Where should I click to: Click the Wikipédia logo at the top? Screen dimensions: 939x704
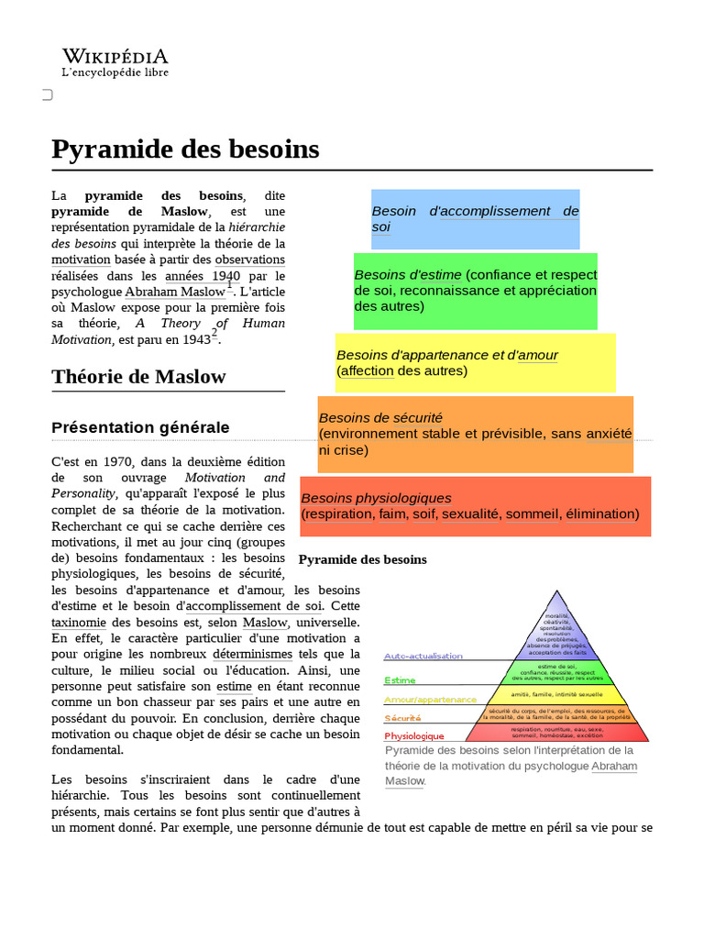(x=115, y=62)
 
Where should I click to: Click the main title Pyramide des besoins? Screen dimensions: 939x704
(x=185, y=149)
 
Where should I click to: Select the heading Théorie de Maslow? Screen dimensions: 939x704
(x=138, y=377)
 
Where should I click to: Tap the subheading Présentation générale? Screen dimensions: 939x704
(x=140, y=427)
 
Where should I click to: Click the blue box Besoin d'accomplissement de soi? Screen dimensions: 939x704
(x=475, y=219)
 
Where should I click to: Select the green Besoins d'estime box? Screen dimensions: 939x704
(x=475, y=291)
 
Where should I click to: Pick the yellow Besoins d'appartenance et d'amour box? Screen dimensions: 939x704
(x=475, y=362)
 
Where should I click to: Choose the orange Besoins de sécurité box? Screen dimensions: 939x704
(x=475, y=434)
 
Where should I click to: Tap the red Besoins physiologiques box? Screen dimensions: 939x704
(x=475, y=506)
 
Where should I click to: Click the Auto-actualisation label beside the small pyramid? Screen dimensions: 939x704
(x=423, y=657)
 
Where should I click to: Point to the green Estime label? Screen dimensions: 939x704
(x=400, y=680)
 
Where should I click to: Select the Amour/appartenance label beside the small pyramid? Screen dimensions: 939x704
(x=430, y=699)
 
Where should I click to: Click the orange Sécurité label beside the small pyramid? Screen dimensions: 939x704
(x=403, y=718)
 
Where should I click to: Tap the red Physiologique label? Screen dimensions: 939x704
(x=413, y=736)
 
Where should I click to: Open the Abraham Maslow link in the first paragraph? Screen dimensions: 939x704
(x=174, y=292)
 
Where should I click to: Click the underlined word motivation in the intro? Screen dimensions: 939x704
(x=81, y=260)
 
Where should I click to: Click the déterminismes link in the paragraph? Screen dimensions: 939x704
(x=252, y=654)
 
